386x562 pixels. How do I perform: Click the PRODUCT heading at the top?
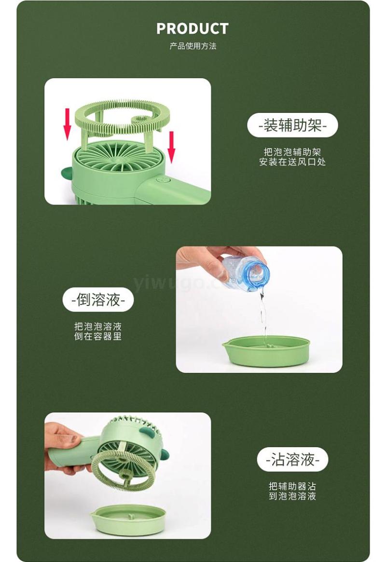[x=193, y=28]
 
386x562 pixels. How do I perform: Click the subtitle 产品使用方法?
[x=193, y=46]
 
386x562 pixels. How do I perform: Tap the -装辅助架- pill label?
[x=292, y=125]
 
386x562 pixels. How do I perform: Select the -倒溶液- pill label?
[x=98, y=300]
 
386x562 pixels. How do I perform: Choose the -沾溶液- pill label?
[x=292, y=460]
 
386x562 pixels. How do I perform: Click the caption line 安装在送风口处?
[x=292, y=162]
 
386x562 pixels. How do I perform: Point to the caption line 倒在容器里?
[x=98, y=336]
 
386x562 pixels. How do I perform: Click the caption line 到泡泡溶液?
[x=292, y=496]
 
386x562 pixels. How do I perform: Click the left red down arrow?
[x=67, y=123]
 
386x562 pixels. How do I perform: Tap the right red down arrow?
[x=172, y=147]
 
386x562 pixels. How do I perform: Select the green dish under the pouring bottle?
[x=266, y=351]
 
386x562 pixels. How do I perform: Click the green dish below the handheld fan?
[x=128, y=520]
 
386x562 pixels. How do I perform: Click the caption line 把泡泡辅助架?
[x=292, y=152]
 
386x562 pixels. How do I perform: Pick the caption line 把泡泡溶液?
[x=98, y=326]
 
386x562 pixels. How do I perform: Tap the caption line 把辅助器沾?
[x=292, y=486]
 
